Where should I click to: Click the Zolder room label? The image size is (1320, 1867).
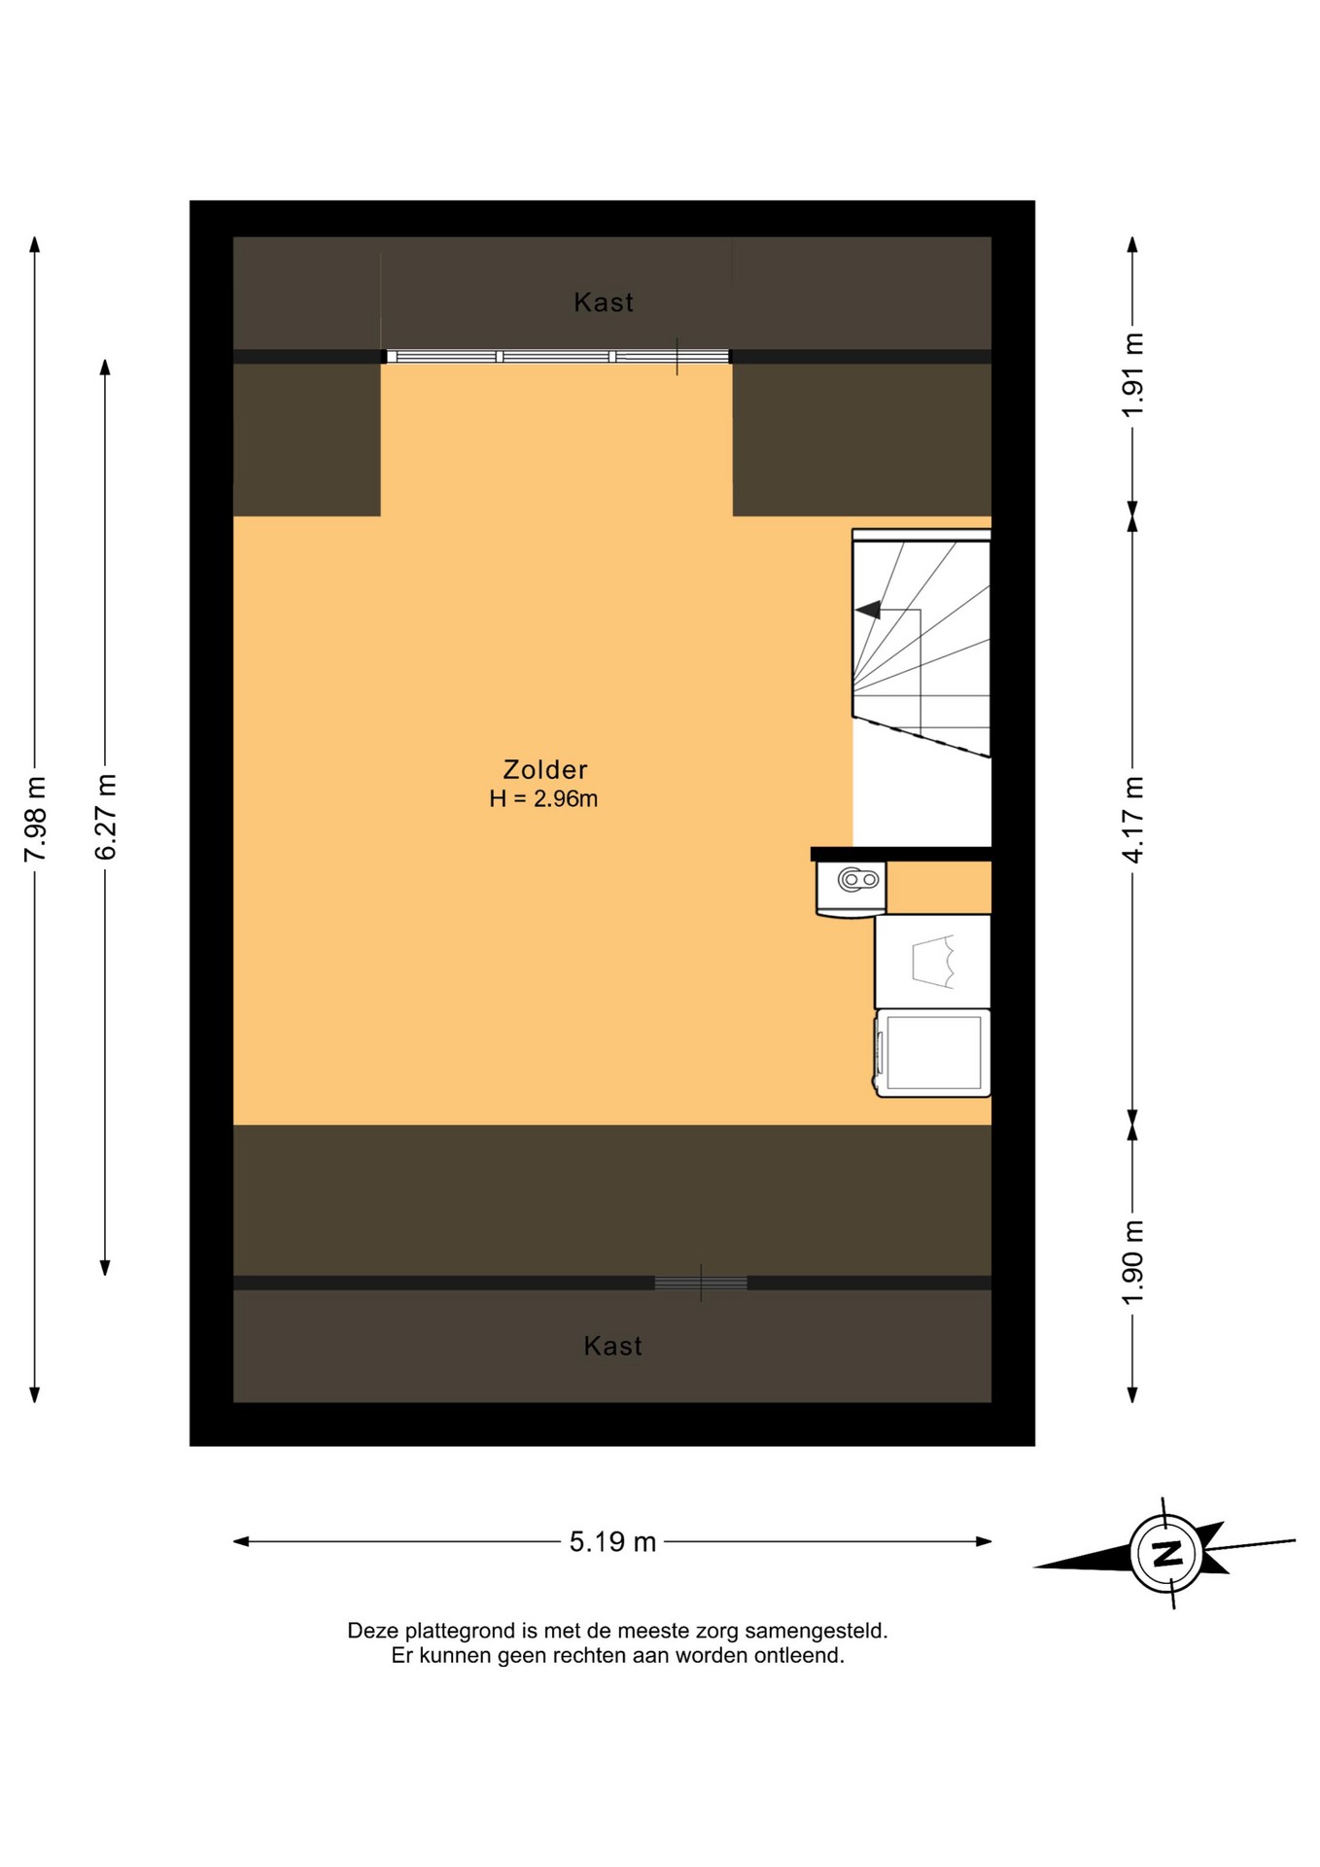coord(544,769)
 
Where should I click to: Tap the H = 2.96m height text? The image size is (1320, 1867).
coord(543,799)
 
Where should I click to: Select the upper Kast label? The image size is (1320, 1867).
coord(604,302)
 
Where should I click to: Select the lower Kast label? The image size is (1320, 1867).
coord(612,1346)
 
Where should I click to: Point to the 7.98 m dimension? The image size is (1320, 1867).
coord(35,819)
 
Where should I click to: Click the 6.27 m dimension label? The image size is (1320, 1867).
coord(105,817)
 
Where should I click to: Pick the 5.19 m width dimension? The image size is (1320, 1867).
coord(612,1542)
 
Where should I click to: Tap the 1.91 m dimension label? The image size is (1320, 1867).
coord(1132,374)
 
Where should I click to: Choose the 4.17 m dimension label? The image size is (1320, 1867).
coord(1132,819)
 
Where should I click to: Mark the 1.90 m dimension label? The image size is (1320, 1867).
coord(1132,1262)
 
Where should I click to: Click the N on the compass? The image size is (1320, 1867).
coord(1166,1552)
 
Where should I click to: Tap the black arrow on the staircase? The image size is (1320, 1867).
coord(868,610)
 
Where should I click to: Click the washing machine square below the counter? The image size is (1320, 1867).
coord(933,1053)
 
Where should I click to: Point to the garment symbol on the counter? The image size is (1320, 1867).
coord(934,962)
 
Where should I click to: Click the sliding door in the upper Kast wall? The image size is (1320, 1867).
coord(556,357)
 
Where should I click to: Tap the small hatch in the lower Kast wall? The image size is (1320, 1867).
coord(701,1284)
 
